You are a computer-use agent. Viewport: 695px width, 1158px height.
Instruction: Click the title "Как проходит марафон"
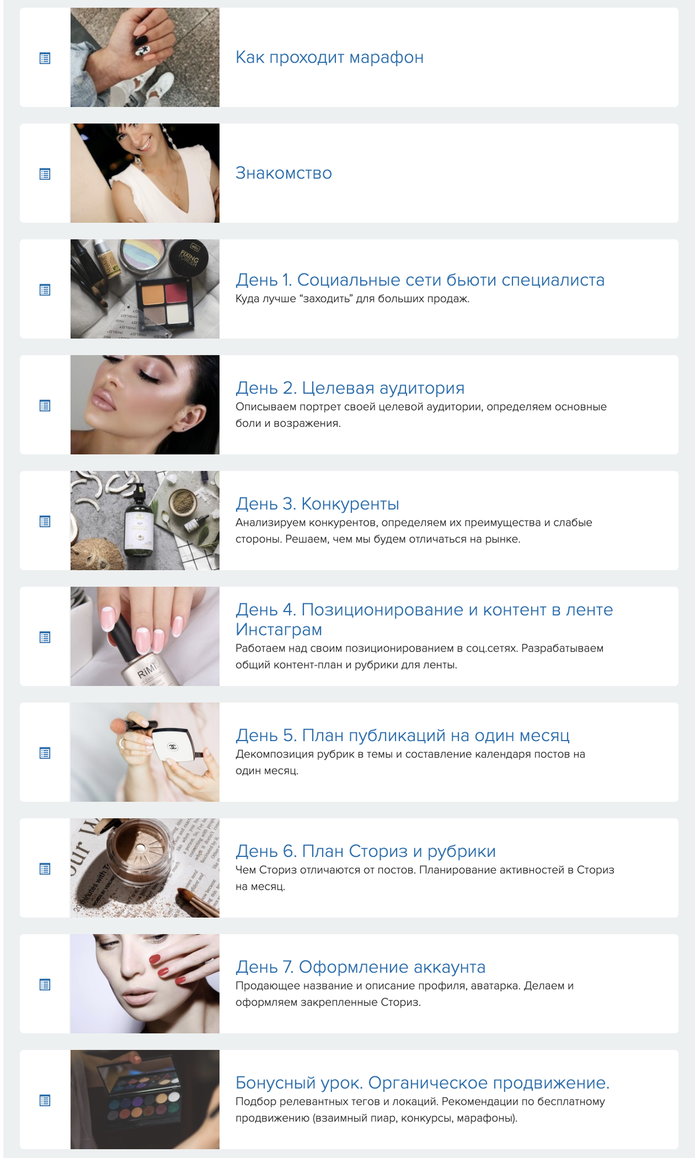(x=330, y=57)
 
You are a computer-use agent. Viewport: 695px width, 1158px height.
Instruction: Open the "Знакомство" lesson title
(x=284, y=173)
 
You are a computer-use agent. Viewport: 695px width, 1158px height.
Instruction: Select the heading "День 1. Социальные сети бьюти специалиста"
(x=420, y=280)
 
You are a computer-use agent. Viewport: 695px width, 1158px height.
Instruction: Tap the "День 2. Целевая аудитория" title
(x=350, y=388)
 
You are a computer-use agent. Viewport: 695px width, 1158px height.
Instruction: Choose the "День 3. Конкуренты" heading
(x=317, y=504)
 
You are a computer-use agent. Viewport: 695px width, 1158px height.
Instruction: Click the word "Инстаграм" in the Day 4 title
(x=279, y=629)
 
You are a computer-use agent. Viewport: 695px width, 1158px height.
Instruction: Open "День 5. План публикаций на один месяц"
(x=403, y=735)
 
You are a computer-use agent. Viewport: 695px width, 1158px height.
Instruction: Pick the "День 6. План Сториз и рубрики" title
(x=365, y=851)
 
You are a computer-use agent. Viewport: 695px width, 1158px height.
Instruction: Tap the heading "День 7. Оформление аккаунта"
(x=360, y=967)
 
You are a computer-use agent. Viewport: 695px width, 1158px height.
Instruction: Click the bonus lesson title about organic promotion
(x=422, y=1083)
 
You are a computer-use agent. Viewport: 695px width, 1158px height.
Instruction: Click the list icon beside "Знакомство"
(x=45, y=174)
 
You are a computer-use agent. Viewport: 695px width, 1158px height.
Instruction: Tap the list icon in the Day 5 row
(x=45, y=753)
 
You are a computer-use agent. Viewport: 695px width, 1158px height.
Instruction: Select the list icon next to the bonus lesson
(x=45, y=1100)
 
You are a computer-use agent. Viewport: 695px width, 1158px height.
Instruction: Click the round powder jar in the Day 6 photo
(x=139, y=851)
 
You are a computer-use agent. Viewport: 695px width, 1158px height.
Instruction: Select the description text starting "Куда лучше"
(x=352, y=299)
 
